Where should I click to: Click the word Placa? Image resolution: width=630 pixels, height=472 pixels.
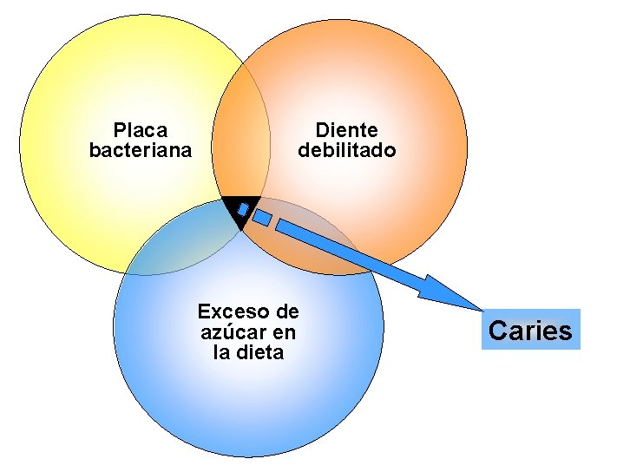[141, 130]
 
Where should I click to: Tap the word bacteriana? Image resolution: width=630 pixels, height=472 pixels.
[141, 150]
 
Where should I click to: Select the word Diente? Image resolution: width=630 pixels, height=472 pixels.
[346, 130]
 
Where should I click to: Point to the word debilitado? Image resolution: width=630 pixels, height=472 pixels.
[346, 150]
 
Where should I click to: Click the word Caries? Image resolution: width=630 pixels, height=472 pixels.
[530, 331]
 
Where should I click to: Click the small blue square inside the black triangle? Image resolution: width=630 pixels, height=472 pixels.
[243, 210]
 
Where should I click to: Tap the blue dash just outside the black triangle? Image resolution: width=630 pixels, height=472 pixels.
[263, 218]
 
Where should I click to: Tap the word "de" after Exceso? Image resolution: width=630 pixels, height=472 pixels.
[285, 311]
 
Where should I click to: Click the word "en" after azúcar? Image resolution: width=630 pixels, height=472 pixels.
[284, 332]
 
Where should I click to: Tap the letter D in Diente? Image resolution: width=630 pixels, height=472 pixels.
[322, 130]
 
